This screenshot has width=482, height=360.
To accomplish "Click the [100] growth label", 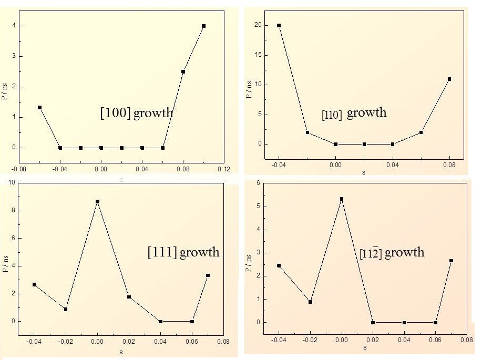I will tap(136, 113).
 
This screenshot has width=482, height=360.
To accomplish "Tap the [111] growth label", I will tap(183, 252).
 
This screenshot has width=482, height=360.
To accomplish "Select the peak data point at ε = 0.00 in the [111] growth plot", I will tap(97, 201).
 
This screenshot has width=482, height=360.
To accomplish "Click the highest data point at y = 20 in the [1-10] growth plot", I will tap(279, 25).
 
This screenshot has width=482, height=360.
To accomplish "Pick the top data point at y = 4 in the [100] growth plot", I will tap(203, 26).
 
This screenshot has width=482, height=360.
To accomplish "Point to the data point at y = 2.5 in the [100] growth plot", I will tap(183, 71).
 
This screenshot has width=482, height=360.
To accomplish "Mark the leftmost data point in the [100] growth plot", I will tap(39, 107).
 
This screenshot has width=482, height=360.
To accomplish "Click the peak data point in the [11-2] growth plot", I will tap(342, 199).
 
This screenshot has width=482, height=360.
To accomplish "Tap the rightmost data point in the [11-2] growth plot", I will tap(451, 261).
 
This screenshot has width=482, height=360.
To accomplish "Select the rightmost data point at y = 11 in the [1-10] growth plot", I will tap(449, 79).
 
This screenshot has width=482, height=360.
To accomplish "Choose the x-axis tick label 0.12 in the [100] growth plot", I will tap(223, 169).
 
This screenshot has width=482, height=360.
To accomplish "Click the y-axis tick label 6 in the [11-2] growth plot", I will tap(258, 183).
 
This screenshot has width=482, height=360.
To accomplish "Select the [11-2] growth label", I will tap(392, 253).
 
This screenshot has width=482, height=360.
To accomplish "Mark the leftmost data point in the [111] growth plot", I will tap(34, 285).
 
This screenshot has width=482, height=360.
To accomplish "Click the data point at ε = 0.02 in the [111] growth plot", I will tap(129, 297).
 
